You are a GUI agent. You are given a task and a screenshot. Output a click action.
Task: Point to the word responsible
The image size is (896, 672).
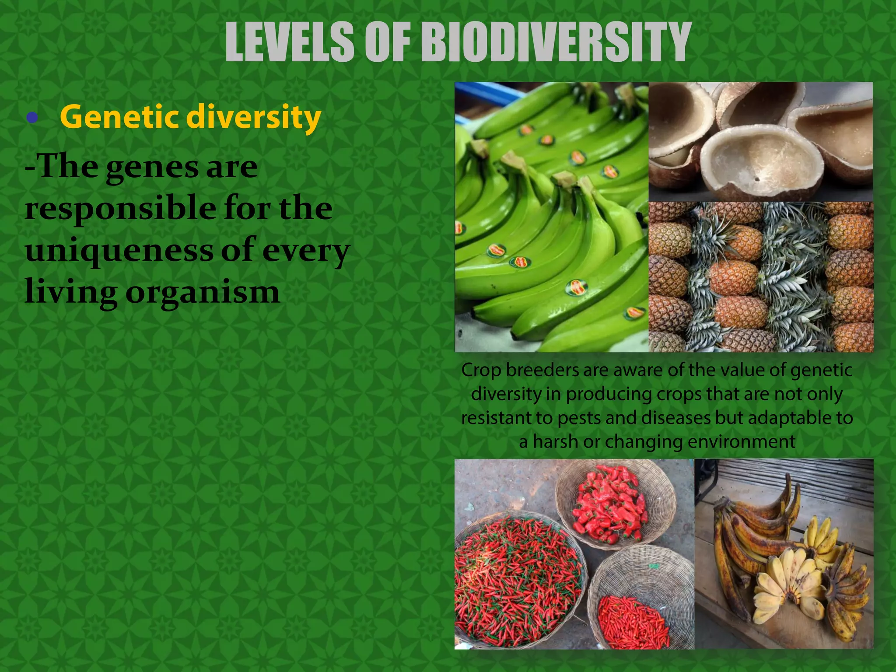click(120, 210)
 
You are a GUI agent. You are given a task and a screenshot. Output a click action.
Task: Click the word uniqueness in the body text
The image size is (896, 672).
click(118, 251)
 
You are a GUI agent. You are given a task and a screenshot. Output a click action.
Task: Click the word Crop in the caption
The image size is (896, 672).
click(481, 371)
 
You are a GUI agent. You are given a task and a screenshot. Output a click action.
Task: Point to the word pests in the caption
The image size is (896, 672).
click(580, 418)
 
